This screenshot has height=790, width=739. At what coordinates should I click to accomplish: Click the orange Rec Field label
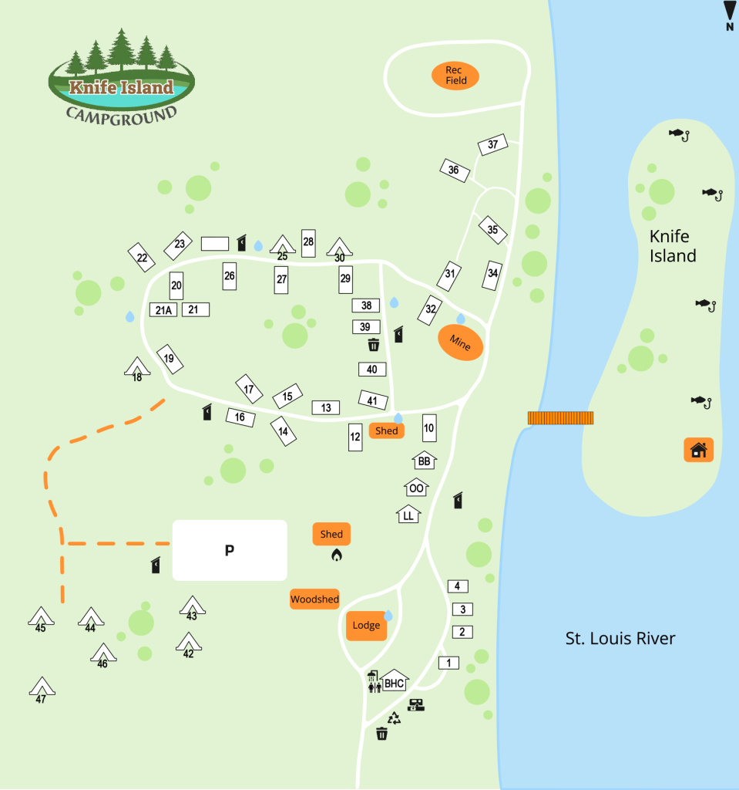[x=455, y=76]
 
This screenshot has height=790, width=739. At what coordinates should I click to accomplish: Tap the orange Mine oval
[x=460, y=343]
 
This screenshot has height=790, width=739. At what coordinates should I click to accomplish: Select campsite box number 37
[x=493, y=144]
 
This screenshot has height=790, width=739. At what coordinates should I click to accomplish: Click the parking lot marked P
[x=229, y=550]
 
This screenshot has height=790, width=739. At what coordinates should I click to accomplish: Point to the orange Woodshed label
[x=314, y=599]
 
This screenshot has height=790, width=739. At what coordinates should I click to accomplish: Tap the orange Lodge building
[x=366, y=625]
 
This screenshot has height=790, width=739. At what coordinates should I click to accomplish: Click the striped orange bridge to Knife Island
[x=560, y=417]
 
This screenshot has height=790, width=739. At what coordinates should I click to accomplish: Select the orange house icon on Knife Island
[x=698, y=449]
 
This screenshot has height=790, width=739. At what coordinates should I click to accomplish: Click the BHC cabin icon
[x=394, y=682]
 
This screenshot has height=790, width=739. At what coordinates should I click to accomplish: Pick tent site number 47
[x=42, y=687]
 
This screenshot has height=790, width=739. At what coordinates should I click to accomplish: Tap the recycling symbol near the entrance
[x=395, y=718]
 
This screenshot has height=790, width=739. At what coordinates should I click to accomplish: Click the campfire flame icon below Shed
[x=336, y=555]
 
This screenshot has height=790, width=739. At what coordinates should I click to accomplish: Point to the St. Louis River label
[x=620, y=639]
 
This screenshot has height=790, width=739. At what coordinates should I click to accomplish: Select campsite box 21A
[x=163, y=310]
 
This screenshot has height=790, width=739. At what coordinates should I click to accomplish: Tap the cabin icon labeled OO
[x=416, y=488]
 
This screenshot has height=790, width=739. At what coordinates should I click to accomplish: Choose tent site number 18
[x=137, y=368]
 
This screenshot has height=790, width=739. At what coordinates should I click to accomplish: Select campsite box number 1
[x=448, y=662]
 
